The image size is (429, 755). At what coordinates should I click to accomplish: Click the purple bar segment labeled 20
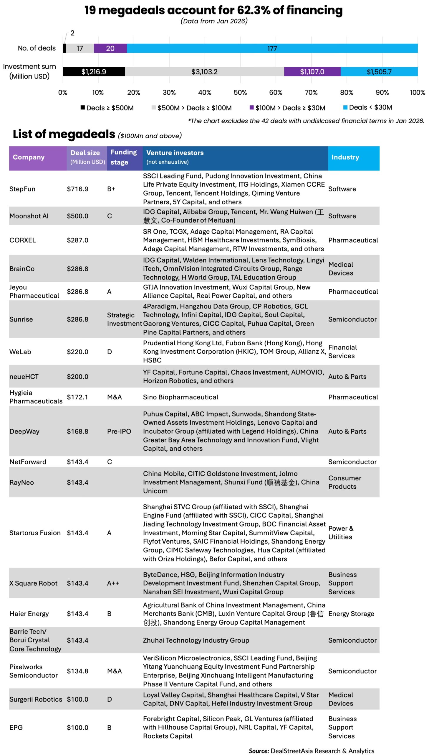click(110, 48)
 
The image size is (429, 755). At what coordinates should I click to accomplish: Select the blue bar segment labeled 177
click(272, 48)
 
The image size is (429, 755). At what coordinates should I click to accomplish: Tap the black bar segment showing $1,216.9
click(94, 72)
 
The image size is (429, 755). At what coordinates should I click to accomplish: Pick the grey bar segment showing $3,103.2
click(204, 72)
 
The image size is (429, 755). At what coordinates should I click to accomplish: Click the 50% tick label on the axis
click(240, 93)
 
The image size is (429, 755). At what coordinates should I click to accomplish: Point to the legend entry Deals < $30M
click(367, 107)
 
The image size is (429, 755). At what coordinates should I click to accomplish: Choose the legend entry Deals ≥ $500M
click(107, 108)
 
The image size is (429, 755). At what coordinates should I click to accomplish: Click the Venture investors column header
click(175, 153)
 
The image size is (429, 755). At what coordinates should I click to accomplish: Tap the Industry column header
click(345, 157)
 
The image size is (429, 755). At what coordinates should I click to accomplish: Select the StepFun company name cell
click(22, 189)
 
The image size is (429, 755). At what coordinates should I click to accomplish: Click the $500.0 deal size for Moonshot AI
click(77, 216)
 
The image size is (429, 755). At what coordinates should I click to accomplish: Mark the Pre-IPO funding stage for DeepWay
click(119, 431)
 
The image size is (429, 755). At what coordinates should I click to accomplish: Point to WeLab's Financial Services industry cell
click(342, 352)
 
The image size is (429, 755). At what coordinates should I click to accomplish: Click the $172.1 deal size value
click(77, 397)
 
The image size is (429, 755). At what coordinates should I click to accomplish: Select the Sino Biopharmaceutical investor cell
click(180, 397)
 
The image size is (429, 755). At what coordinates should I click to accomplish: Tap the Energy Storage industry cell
click(351, 614)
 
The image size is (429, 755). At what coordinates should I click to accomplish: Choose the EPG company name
click(16, 728)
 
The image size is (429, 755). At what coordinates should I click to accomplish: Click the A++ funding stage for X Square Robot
click(113, 583)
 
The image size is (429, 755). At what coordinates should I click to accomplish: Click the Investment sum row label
click(29, 71)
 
